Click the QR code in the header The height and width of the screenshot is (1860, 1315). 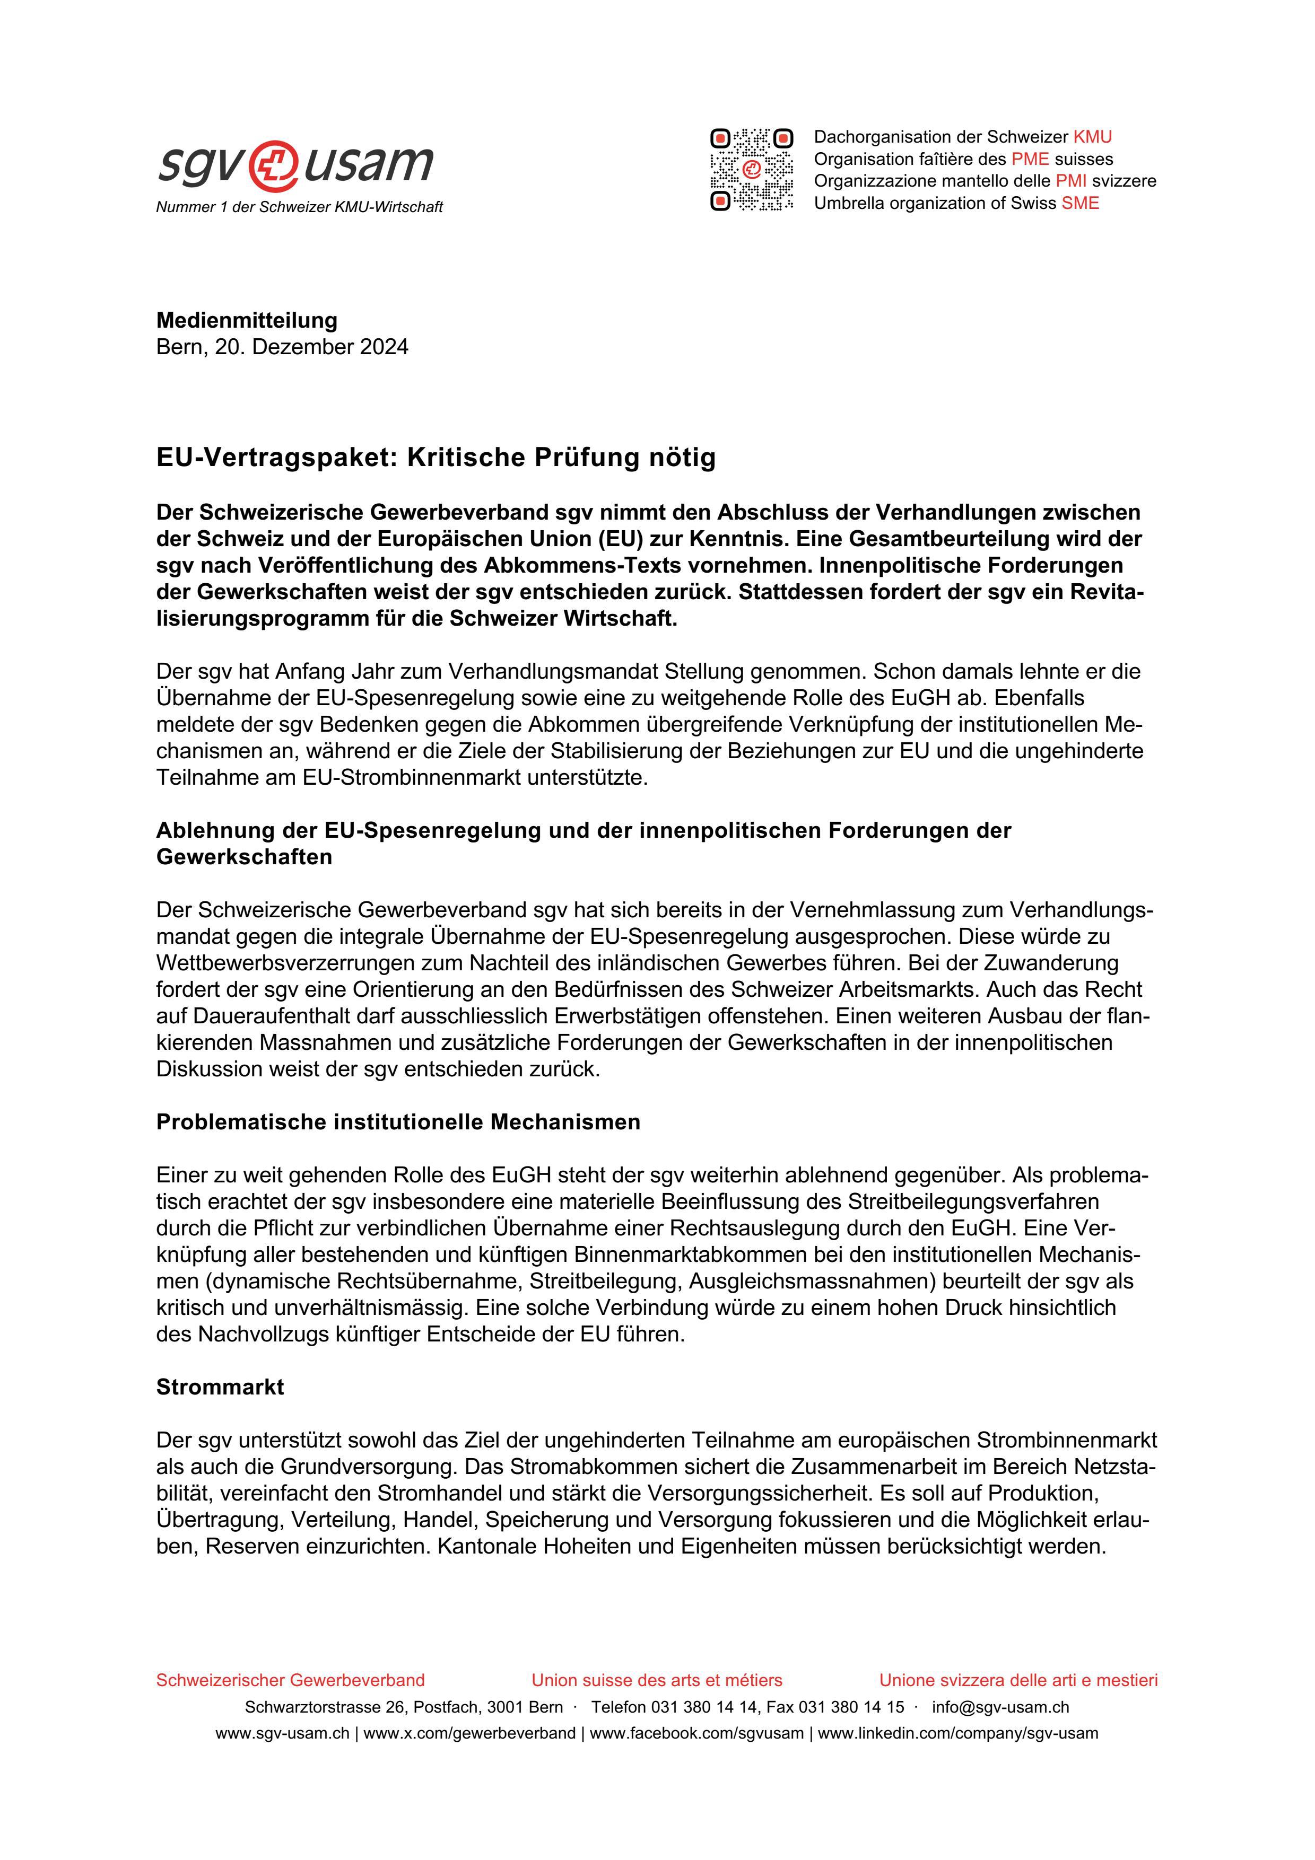751,170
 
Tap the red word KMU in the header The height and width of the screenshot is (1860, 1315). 1092,137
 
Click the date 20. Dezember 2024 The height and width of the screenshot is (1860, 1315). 311,347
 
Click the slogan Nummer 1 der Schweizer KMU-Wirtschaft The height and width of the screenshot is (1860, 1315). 299,207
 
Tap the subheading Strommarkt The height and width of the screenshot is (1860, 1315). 220,1387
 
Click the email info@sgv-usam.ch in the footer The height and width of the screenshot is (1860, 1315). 1000,1707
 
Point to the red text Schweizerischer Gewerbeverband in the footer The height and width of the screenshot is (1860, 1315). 290,1680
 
